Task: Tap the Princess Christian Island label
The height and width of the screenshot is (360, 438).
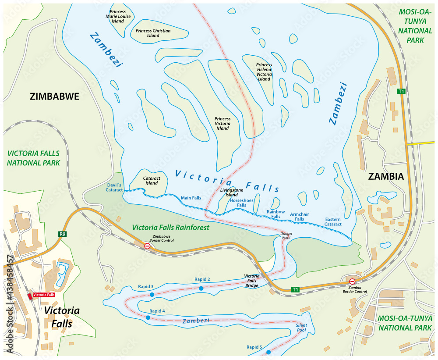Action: [153, 33]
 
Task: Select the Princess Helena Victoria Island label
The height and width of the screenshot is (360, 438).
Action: [264, 72]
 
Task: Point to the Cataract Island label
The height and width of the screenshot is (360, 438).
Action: [150, 180]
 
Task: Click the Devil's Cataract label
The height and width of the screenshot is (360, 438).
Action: [114, 187]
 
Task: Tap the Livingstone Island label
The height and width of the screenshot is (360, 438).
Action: [231, 192]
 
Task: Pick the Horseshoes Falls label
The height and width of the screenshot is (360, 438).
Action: [242, 203]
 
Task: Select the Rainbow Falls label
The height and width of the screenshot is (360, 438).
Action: [276, 214]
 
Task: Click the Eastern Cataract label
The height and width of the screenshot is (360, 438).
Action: [333, 221]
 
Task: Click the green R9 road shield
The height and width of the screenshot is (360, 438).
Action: [63, 234]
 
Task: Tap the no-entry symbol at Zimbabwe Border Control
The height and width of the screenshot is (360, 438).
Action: [148, 246]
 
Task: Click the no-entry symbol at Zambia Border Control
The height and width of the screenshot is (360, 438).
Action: [352, 281]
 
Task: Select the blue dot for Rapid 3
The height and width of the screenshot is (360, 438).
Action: [152, 295]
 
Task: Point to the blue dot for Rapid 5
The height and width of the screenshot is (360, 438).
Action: [268, 352]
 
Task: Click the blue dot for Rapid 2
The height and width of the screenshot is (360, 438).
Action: [201, 288]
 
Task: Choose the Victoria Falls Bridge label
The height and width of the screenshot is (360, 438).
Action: [251, 281]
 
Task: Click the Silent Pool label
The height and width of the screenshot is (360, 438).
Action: [301, 328]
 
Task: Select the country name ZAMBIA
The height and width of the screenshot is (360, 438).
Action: [385, 176]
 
